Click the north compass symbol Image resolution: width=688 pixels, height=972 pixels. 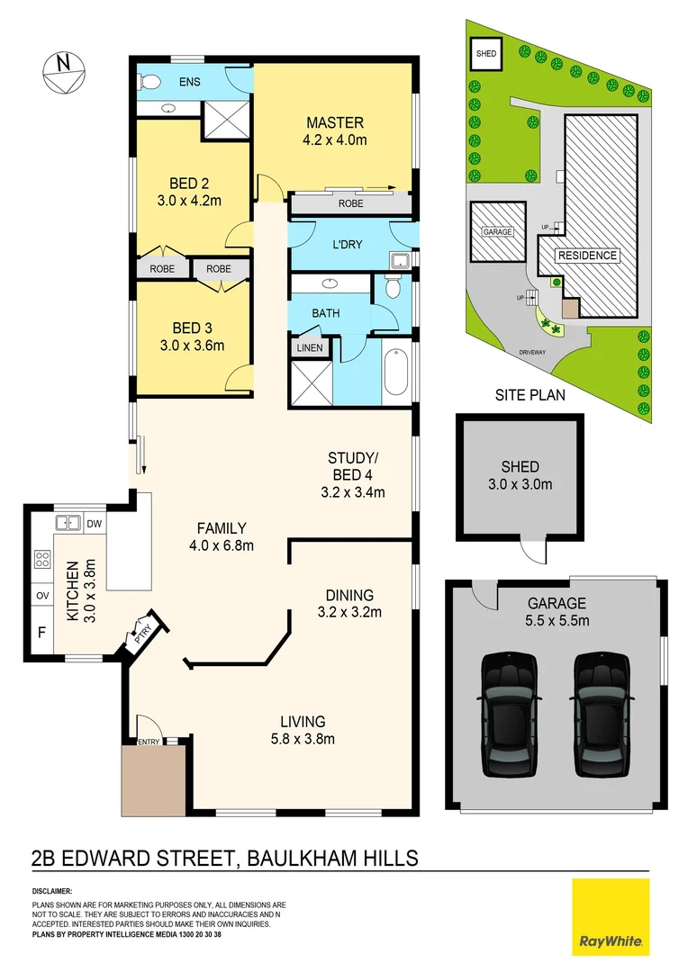click(62, 71)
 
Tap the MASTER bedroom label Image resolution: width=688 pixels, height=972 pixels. click(334, 123)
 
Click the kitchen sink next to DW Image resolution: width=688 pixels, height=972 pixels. click(68, 523)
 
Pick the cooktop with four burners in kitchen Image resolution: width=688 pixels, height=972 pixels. click(41, 560)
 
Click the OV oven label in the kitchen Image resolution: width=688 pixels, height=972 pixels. click(41, 596)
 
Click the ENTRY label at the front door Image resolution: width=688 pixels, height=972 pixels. click(148, 742)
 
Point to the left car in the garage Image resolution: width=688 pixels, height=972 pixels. click(509, 714)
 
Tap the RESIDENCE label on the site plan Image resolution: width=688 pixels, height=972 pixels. click(586, 256)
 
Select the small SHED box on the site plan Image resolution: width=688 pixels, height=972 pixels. click(485, 54)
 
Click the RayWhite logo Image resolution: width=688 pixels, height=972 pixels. click(610, 916)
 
